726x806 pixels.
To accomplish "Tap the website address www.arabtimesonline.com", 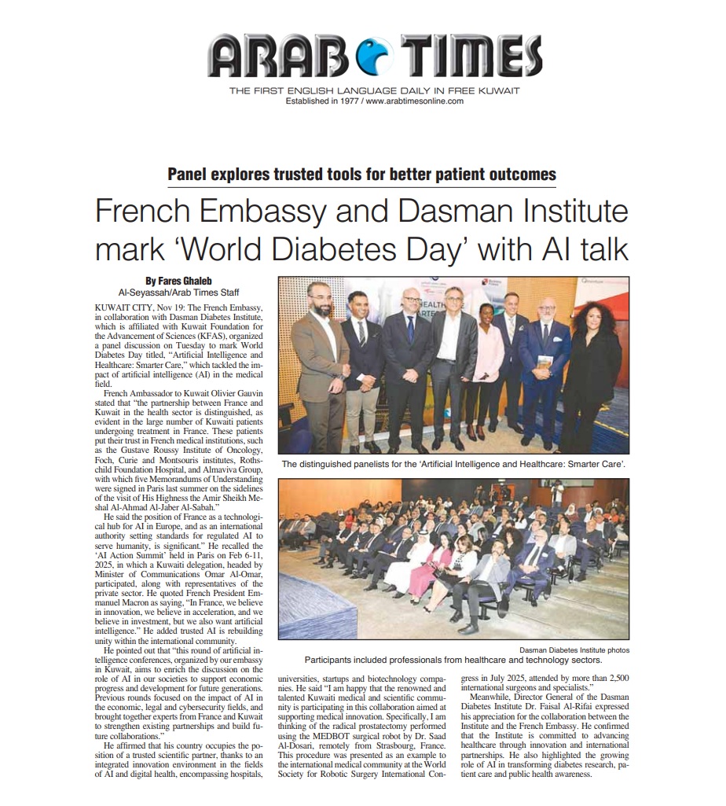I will tap(415, 101).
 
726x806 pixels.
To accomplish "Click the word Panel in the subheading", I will tap(192, 174).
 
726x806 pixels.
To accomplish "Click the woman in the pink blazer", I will tap(486, 370).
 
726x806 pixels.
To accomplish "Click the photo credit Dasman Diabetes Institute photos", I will tap(574, 650).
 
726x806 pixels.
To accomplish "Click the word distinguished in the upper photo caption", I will tap(328, 465).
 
